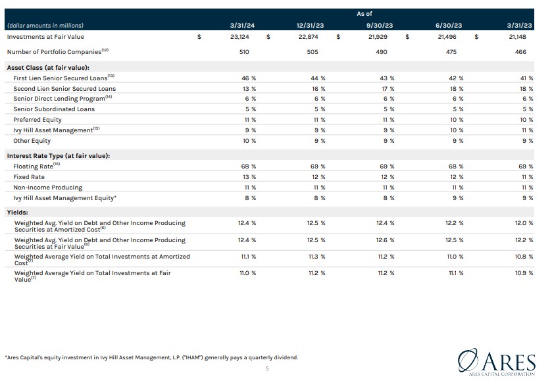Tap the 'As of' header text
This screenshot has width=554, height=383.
[364, 13]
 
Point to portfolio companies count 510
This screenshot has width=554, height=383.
[245, 51]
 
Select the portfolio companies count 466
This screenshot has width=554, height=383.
[520, 51]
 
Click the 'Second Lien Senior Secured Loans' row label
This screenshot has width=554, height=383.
[64, 88]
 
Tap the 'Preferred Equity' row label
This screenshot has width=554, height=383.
[38, 120]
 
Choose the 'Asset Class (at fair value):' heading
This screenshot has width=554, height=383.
[48, 67]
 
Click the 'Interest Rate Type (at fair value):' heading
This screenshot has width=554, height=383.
[58, 155]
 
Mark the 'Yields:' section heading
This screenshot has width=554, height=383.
[17, 213]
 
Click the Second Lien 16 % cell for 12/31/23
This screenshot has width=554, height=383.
[318, 88]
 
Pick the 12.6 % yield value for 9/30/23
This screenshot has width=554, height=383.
[385, 240]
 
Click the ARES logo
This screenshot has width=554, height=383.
[497, 361]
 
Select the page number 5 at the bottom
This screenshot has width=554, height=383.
[266, 369]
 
